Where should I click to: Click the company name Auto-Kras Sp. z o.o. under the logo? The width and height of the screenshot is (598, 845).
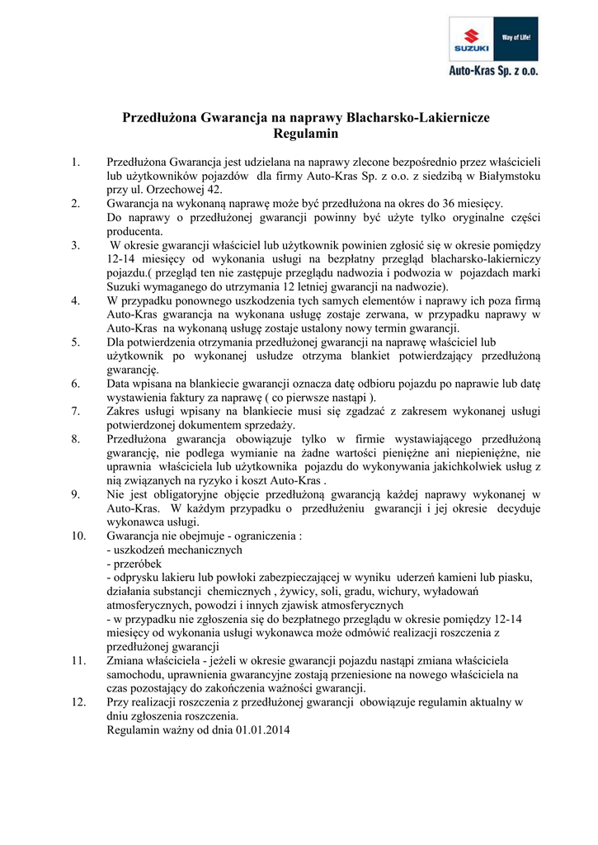point(493,72)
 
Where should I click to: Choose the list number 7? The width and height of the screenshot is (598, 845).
point(75,410)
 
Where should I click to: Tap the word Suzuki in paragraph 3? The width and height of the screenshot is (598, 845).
point(125,286)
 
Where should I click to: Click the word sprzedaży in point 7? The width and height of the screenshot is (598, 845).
point(268,424)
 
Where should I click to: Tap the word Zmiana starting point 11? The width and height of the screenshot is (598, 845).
point(126,661)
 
